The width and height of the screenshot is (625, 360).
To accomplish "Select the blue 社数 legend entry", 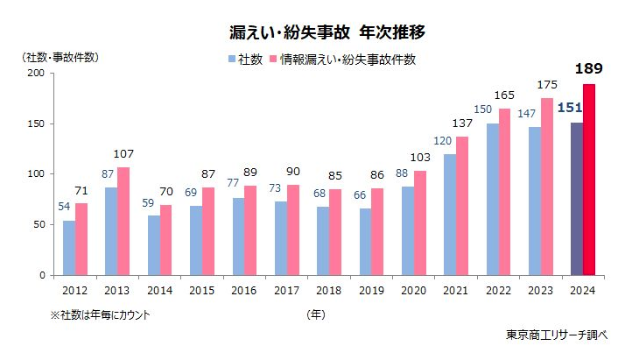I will [x=245, y=60].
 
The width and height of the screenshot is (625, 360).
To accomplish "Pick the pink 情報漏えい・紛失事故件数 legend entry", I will [x=341, y=60].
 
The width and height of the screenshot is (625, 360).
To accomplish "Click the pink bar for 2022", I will [x=503, y=192].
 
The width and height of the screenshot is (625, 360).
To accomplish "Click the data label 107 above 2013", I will [x=124, y=155].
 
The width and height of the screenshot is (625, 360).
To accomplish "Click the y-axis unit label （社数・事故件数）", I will [x=60, y=58].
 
